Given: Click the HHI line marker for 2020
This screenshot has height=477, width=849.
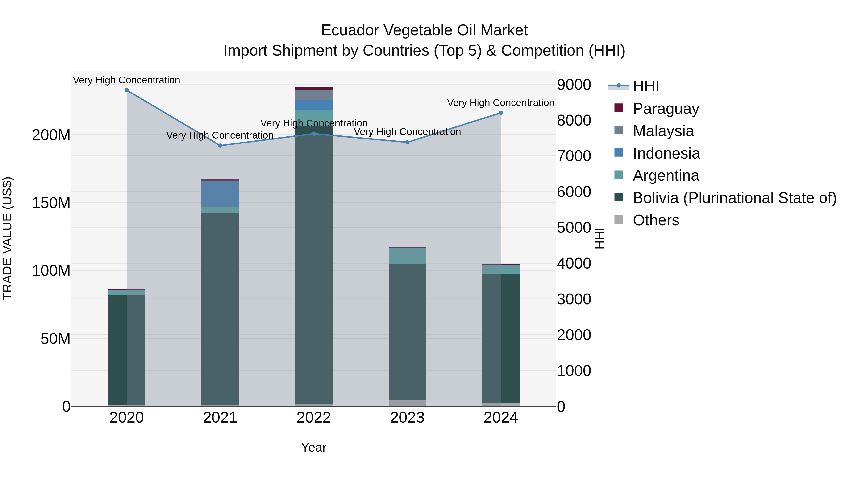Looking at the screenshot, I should [127, 90].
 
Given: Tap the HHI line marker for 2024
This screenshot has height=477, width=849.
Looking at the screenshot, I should [501, 113].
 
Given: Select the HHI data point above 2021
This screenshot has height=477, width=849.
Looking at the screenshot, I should [220, 146].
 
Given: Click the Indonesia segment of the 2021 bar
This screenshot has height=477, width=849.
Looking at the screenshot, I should [220, 194].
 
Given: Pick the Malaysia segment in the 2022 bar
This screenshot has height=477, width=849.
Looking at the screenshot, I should [313, 95].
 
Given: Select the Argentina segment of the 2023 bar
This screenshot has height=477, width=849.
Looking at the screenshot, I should [407, 256].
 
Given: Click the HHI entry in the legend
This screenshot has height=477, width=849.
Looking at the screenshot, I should [645, 86].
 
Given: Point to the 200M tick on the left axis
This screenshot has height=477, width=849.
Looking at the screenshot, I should [51, 135].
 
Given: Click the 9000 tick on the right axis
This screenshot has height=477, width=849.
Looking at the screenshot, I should [574, 85].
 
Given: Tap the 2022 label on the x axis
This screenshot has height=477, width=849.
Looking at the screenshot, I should [313, 418].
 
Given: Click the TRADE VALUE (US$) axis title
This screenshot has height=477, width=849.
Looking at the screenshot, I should [7, 238].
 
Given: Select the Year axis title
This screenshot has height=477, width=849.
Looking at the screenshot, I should [313, 447].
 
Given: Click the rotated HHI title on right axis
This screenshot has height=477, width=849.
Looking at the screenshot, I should [600, 238].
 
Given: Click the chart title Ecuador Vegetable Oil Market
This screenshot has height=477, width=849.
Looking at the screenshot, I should [424, 30].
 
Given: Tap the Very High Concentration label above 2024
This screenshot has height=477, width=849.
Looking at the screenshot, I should [500, 103].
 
